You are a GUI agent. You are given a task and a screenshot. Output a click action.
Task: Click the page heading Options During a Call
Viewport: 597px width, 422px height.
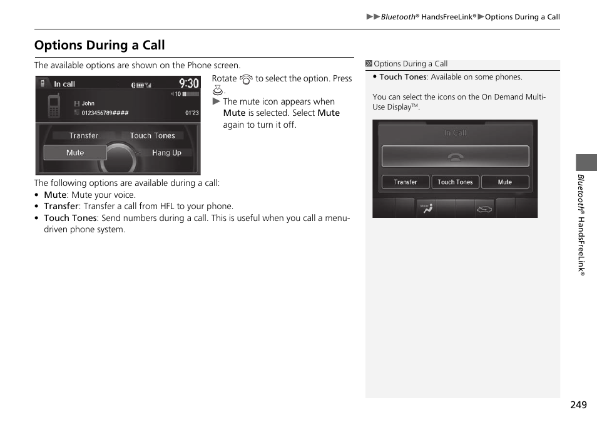click(99, 45)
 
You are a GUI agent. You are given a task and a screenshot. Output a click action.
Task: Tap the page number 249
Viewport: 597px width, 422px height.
click(578, 405)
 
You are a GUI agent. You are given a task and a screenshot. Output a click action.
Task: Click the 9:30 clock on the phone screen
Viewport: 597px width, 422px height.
click(188, 83)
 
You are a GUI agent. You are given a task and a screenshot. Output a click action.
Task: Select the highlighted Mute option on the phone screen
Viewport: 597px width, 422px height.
click(75, 153)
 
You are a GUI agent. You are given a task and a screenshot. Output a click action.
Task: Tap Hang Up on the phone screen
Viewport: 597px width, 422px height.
click(166, 153)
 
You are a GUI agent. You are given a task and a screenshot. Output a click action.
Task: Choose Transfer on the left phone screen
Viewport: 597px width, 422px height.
click(84, 135)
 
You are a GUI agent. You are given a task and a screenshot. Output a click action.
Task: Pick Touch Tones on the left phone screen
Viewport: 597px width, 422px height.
click(153, 135)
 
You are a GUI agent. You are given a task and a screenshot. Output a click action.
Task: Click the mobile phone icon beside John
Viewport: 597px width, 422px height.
click(54, 106)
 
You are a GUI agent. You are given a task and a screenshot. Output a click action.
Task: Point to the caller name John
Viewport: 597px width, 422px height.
click(88, 104)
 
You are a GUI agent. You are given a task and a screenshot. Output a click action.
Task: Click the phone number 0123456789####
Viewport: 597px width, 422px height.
click(105, 113)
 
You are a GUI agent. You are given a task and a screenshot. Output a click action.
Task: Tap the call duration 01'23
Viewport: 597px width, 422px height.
click(191, 113)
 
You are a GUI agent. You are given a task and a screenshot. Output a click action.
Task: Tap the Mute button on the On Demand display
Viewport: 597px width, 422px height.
click(504, 182)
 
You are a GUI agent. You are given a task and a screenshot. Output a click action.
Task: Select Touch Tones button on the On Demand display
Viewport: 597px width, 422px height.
click(455, 182)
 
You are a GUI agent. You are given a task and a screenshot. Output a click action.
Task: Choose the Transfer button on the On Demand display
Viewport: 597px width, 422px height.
click(406, 182)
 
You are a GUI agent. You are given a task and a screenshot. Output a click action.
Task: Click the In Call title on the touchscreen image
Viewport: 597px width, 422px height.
click(455, 133)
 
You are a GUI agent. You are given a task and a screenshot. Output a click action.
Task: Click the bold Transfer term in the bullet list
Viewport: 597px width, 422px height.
click(61, 206)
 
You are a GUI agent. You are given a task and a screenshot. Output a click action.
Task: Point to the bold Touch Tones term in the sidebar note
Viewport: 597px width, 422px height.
click(402, 77)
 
